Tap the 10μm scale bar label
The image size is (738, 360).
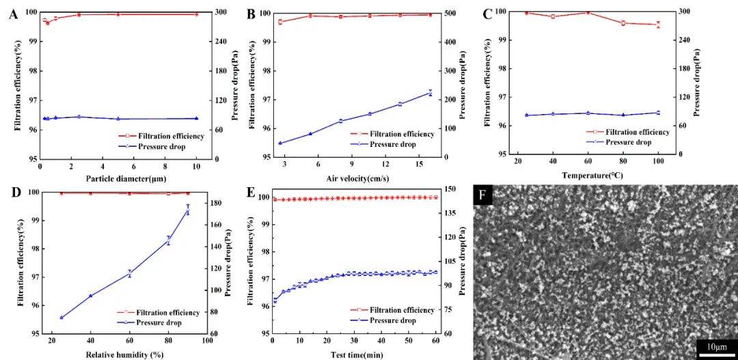point(715,348)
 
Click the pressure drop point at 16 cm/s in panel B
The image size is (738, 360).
point(430,92)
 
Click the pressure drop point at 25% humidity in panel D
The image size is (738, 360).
point(61,318)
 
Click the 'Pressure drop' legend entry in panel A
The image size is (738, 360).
point(162,146)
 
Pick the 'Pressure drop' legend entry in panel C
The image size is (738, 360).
point(628,142)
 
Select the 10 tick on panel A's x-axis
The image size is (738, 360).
point(197,166)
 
